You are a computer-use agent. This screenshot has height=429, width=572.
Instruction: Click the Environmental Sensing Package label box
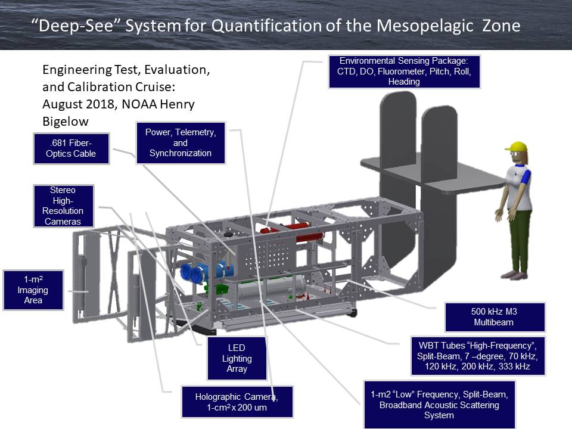404,71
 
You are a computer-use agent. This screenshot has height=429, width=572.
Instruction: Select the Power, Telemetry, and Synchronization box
180,143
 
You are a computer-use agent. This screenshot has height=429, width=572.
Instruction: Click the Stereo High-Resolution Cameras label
63,206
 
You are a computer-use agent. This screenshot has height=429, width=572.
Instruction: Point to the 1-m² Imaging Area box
33,290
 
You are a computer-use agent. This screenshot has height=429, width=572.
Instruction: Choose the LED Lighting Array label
237,358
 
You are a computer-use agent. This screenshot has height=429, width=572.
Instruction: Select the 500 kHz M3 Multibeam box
495,317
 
